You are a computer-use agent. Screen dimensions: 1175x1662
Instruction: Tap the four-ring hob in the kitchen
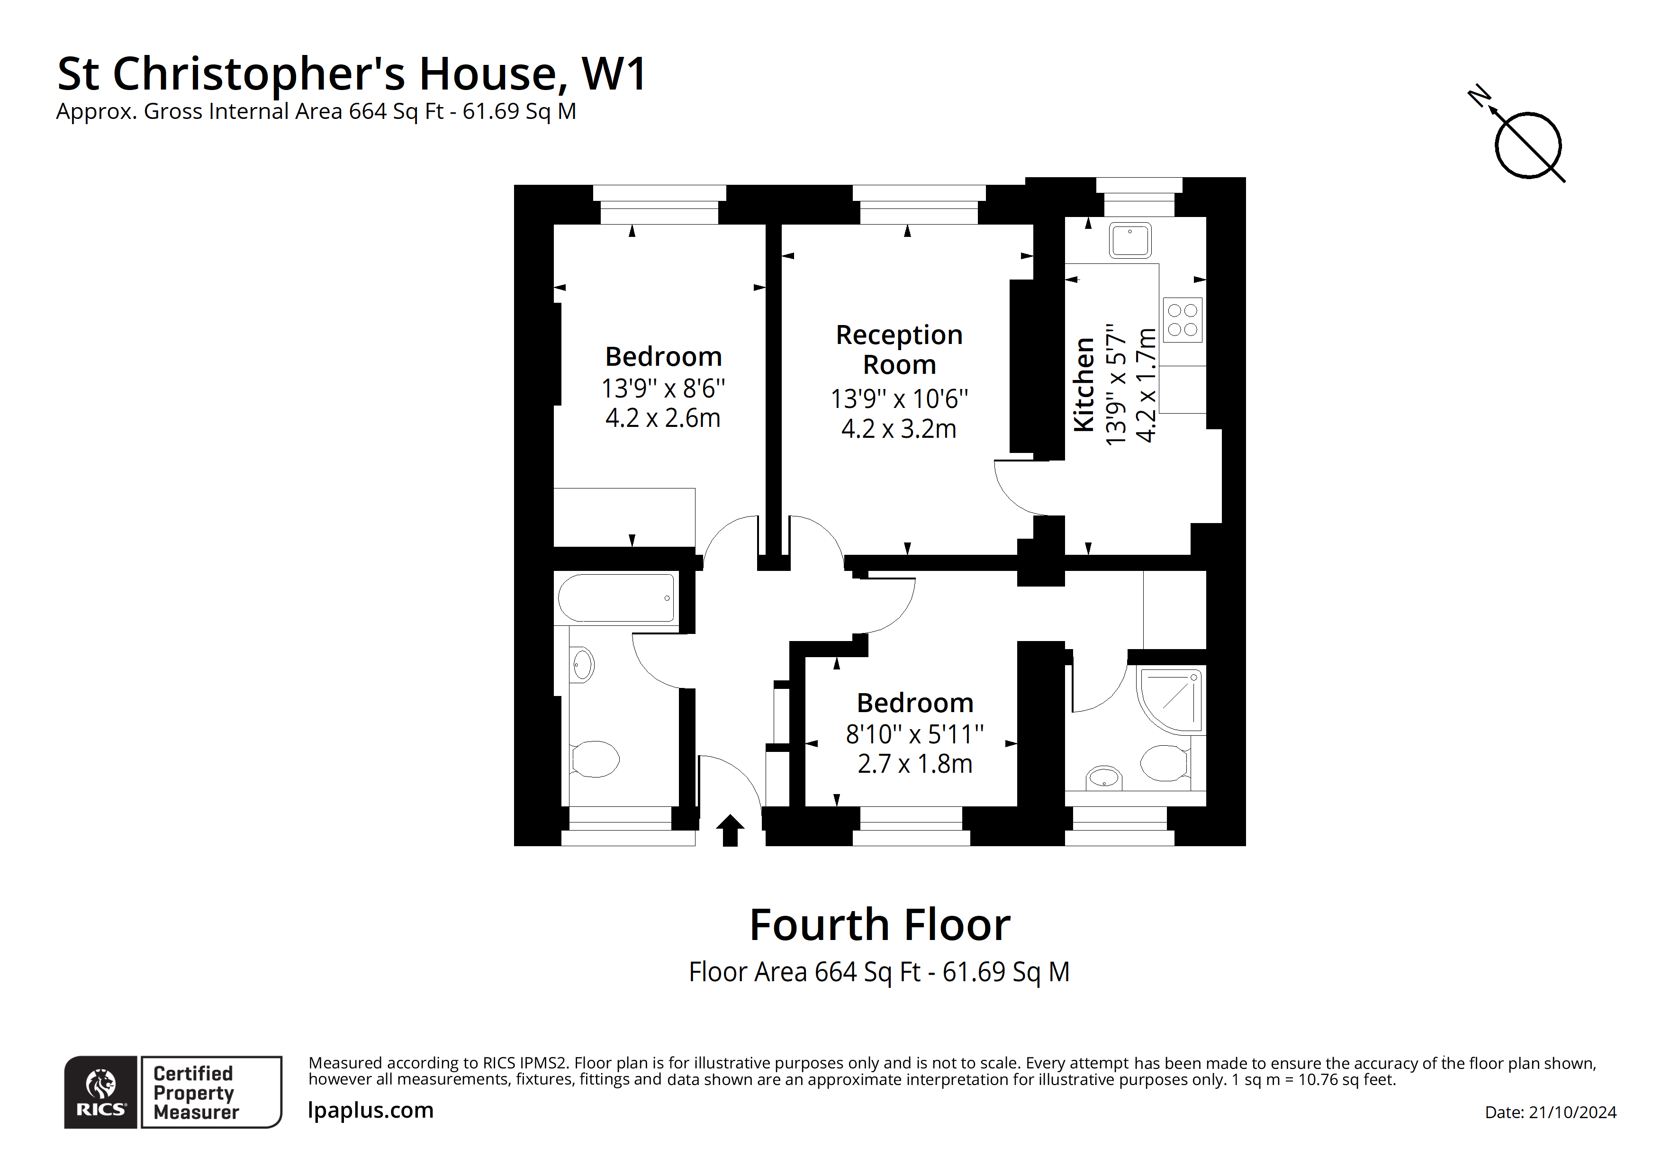pyautogui.click(x=1182, y=320)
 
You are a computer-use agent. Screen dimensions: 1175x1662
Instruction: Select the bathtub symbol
pyautogui.click(x=616, y=598)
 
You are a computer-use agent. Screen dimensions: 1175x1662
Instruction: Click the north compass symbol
pyautogui.click(x=1527, y=145)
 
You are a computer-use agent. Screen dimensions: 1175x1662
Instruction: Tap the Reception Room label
pyautogui.click(x=899, y=350)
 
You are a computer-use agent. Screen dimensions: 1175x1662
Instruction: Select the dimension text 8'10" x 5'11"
pyautogui.click(x=914, y=734)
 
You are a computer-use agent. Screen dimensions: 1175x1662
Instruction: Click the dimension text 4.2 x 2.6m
pyautogui.click(x=662, y=418)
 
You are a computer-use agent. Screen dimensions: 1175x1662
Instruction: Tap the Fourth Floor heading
pyautogui.click(x=879, y=925)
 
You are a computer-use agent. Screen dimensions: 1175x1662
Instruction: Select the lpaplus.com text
pyautogui.click(x=370, y=1110)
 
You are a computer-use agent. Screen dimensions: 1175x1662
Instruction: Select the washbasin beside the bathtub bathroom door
pyautogui.click(x=582, y=665)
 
